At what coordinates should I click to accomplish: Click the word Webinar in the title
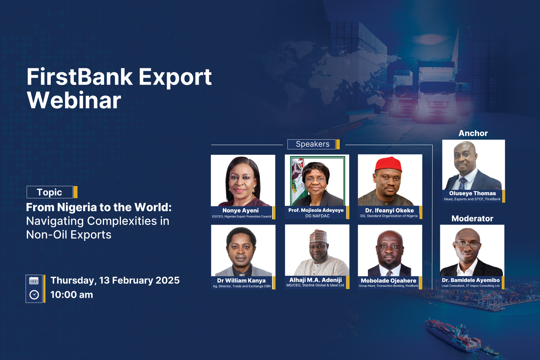(74, 100)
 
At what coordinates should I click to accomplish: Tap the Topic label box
(50, 192)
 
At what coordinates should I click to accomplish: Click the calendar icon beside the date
(34, 281)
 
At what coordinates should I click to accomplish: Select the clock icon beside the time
(34, 295)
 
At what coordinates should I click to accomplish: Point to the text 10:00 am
(72, 295)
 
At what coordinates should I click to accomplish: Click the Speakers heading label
(312, 144)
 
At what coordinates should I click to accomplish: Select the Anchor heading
(473, 134)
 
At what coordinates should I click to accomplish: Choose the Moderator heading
(472, 219)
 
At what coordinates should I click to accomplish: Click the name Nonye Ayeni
(240, 211)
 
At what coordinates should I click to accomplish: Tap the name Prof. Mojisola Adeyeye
(316, 210)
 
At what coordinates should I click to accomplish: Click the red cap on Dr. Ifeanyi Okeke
(389, 164)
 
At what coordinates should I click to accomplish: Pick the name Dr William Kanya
(241, 280)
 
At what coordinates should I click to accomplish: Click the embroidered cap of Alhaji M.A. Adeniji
(318, 236)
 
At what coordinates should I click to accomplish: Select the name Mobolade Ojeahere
(388, 281)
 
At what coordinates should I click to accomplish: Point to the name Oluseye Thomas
(472, 193)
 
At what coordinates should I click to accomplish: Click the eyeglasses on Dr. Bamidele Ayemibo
(468, 244)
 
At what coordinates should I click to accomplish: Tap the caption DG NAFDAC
(317, 216)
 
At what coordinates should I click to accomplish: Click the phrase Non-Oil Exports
(69, 235)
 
